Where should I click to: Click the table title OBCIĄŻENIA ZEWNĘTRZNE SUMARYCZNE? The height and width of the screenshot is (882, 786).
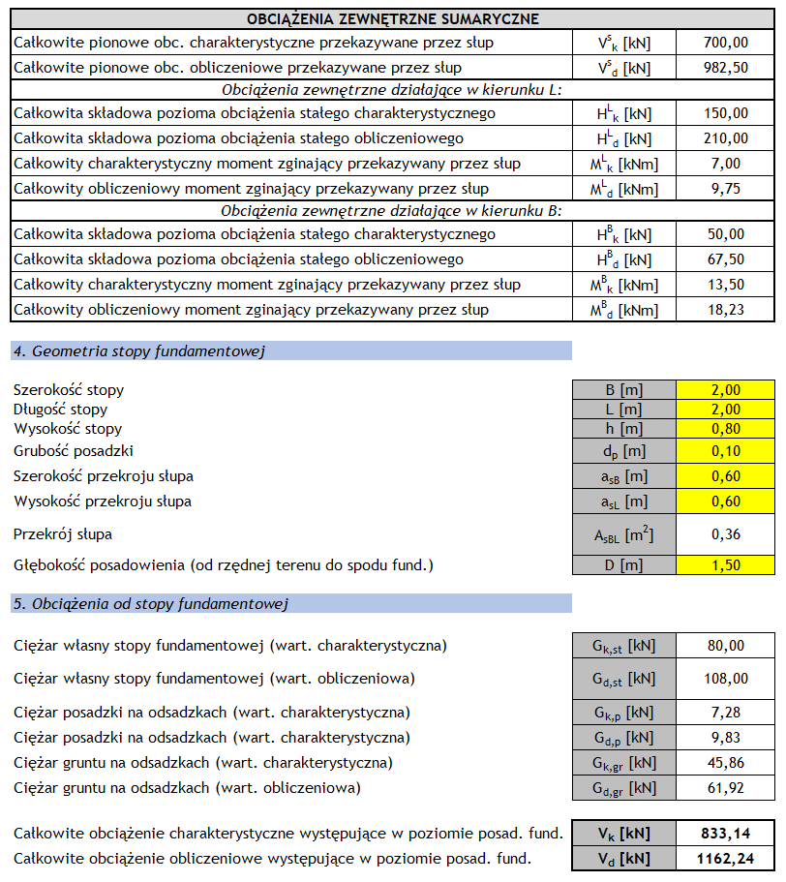(x=392, y=18)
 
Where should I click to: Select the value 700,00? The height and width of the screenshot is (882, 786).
(x=725, y=43)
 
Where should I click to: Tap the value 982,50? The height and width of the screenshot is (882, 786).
(x=725, y=68)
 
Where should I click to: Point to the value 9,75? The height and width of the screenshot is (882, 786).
(x=725, y=189)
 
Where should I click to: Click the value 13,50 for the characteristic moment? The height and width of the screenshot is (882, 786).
(x=725, y=285)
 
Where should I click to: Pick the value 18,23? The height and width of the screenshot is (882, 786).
(x=725, y=310)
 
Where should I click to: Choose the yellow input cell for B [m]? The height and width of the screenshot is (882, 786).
(x=725, y=390)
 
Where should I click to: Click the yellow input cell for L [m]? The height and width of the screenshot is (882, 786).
(x=725, y=410)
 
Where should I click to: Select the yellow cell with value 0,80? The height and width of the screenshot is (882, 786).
(x=725, y=429)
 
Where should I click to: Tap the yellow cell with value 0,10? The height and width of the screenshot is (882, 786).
(x=725, y=450)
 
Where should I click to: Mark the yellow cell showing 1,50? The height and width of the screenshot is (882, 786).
(x=725, y=565)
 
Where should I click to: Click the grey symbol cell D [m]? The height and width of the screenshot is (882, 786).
(x=624, y=565)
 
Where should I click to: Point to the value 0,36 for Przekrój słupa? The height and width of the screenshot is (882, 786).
(x=725, y=534)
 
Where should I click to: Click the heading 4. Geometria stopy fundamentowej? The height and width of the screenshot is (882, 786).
(x=139, y=351)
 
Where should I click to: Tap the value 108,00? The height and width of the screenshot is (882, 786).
(x=725, y=679)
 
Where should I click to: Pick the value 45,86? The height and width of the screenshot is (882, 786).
(x=725, y=763)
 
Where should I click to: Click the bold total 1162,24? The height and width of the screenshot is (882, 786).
(x=725, y=858)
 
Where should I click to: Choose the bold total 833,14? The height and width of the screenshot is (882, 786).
(x=725, y=833)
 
